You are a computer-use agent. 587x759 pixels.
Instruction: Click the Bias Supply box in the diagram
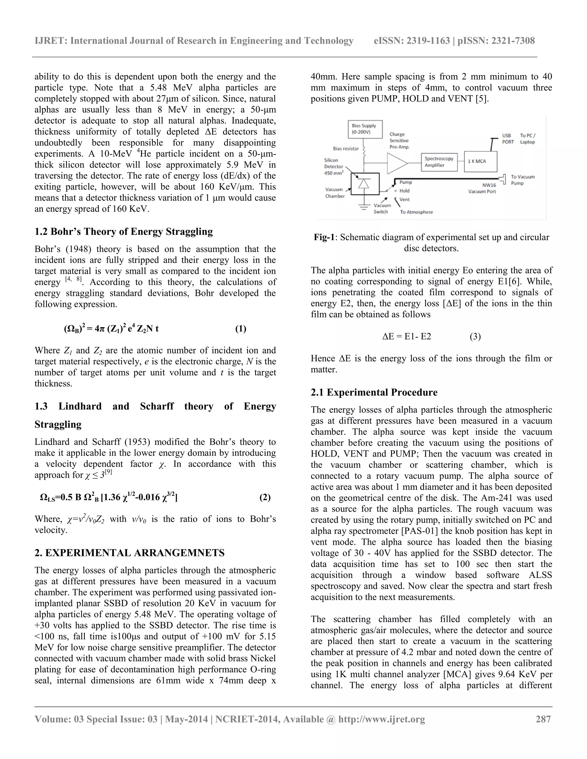click(x=365, y=129)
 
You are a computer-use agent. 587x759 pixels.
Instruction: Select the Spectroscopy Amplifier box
click(x=439, y=162)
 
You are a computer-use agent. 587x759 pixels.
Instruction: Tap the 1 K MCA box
click(x=480, y=162)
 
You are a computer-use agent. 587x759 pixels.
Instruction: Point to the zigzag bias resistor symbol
click(x=364, y=150)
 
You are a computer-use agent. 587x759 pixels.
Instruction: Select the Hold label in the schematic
click(x=404, y=191)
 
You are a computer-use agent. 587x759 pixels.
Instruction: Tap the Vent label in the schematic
click(x=404, y=199)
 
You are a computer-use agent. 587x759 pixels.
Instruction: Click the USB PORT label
click(x=508, y=139)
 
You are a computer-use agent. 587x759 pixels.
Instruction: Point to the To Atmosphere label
click(x=416, y=212)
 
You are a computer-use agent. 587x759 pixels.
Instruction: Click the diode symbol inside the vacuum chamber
click(x=364, y=184)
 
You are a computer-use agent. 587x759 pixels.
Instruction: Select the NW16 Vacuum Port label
click(x=482, y=188)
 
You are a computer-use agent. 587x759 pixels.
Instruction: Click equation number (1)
click(x=241, y=329)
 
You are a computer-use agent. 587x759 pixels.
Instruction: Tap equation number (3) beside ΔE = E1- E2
click(x=475, y=337)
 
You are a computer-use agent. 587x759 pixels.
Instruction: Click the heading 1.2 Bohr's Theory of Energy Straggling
click(x=124, y=231)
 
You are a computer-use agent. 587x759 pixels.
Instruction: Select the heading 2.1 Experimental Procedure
click(x=374, y=392)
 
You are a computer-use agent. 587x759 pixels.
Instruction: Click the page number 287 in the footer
click(x=543, y=719)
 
